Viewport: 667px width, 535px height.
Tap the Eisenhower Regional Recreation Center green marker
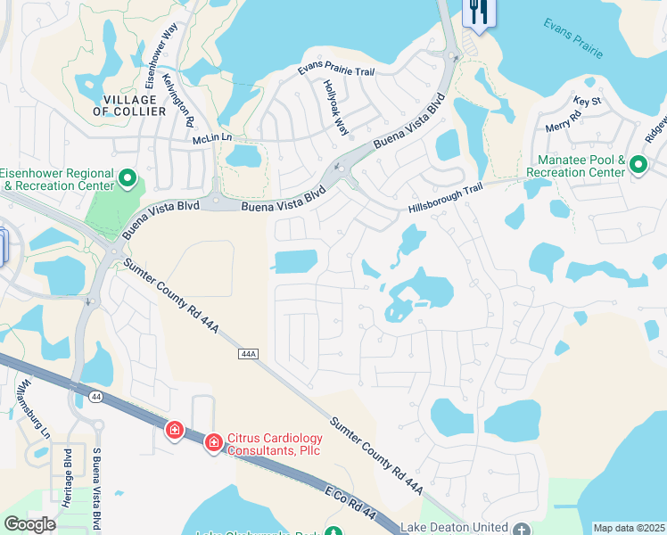tap(127, 180)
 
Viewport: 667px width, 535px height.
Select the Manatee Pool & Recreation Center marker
tap(638, 165)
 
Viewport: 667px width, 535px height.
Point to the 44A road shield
tap(248, 354)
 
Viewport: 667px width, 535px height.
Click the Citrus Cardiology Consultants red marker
tap(214, 442)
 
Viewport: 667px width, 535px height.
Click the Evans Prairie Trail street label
tap(336, 70)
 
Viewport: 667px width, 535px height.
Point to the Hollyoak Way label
tap(336, 107)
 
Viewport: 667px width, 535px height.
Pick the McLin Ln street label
tap(211, 138)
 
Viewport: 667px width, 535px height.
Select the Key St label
tap(588, 101)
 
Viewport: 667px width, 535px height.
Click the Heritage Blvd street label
tap(68, 482)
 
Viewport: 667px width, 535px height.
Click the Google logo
tap(30, 524)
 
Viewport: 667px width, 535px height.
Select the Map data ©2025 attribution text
tap(630, 528)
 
